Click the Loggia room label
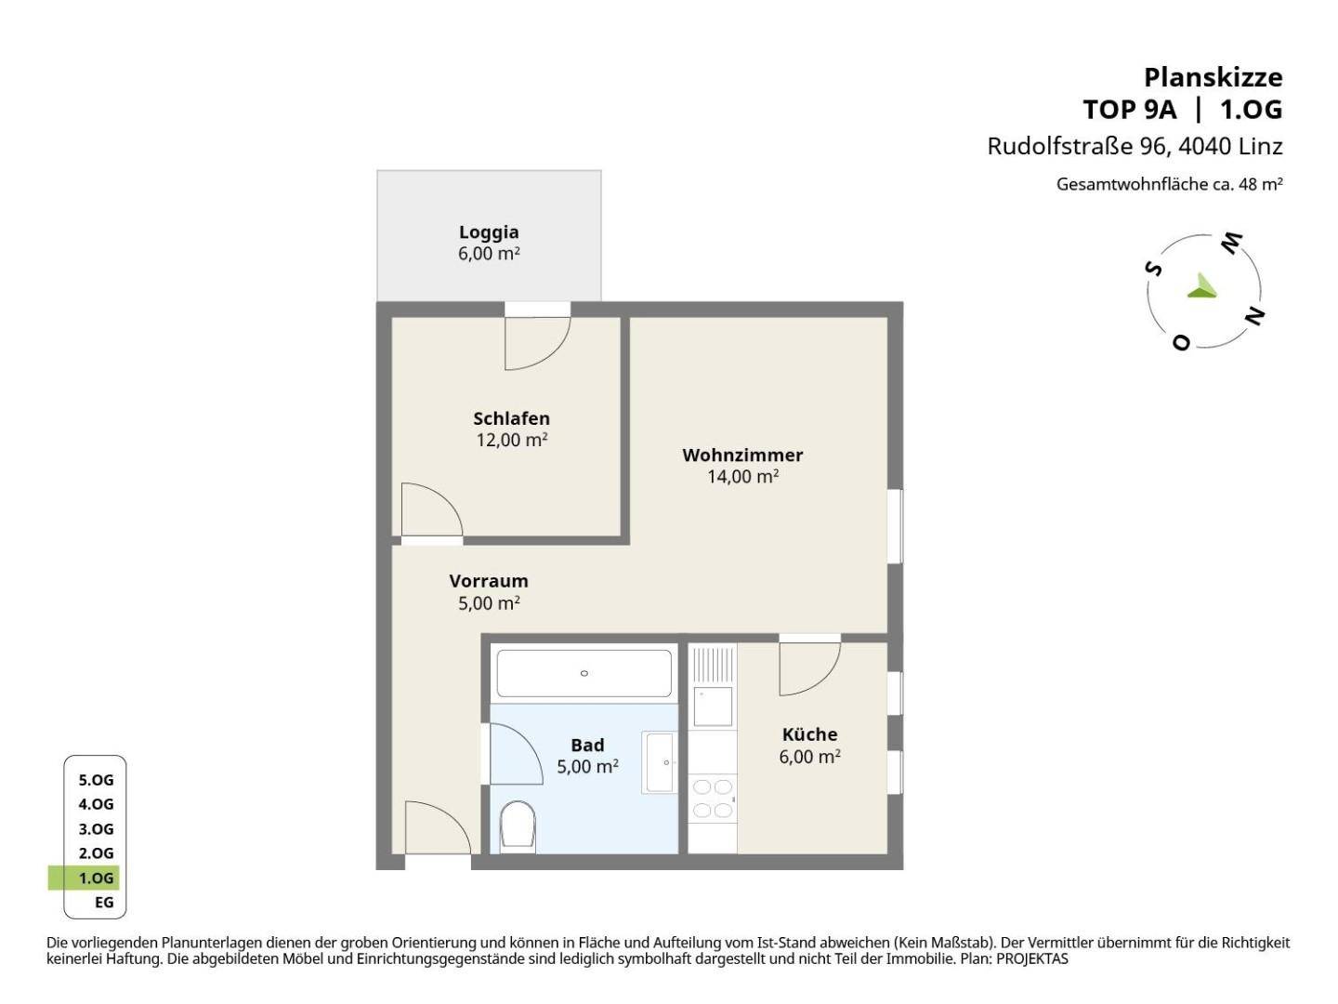pyautogui.click(x=488, y=231)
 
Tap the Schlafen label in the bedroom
pyautogui.click(x=511, y=418)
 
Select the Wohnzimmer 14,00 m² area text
pyautogui.click(x=742, y=476)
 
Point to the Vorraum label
pyautogui.click(x=488, y=581)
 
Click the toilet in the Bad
pyautogui.click(x=518, y=826)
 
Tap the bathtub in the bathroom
pyautogui.click(x=584, y=673)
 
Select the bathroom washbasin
pyautogui.click(x=660, y=762)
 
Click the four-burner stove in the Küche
pyautogui.click(x=713, y=798)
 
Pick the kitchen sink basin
pyautogui.click(x=713, y=707)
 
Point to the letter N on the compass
pyautogui.click(x=1254, y=316)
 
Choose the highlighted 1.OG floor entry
pyautogui.click(x=96, y=878)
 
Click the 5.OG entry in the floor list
pyautogui.click(x=96, y=780)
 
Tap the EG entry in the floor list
pyautogui.click(x=104, y=902)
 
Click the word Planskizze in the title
pyautogui.click(x=1213, y=78)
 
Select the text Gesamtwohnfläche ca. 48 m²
pyautogui.click(x=1169, y=184)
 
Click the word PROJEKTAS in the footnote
pyautogui.click(x=1032, y=958)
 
